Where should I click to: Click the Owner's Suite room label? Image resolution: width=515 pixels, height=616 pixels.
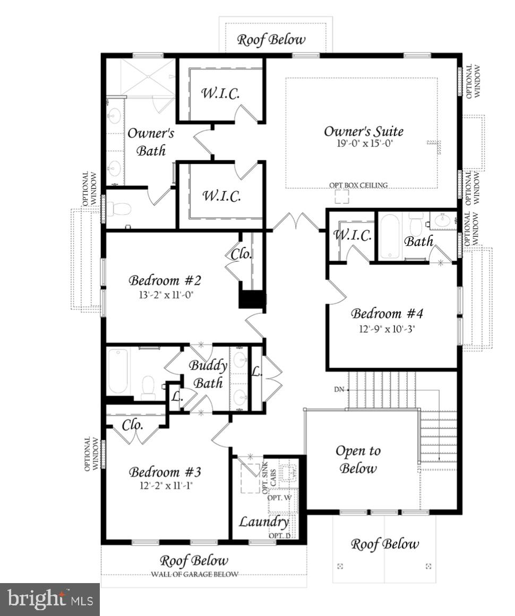[363, 131]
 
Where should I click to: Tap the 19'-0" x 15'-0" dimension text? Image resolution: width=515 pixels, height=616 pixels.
[363, 143]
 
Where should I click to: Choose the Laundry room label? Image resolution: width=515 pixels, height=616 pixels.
[263, 521]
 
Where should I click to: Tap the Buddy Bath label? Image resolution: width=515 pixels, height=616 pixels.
[208, 374]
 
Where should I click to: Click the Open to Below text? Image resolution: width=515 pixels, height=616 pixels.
[358, 460]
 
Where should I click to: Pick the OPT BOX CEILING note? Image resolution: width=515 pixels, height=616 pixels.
[358, 185]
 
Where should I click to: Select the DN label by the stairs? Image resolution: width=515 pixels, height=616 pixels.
[339, 390]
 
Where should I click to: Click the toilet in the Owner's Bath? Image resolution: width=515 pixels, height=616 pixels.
[121, 209]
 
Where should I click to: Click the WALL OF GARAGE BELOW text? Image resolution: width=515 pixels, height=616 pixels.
[195, 574]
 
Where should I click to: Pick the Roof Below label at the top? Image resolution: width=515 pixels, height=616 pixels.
[271, 39]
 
